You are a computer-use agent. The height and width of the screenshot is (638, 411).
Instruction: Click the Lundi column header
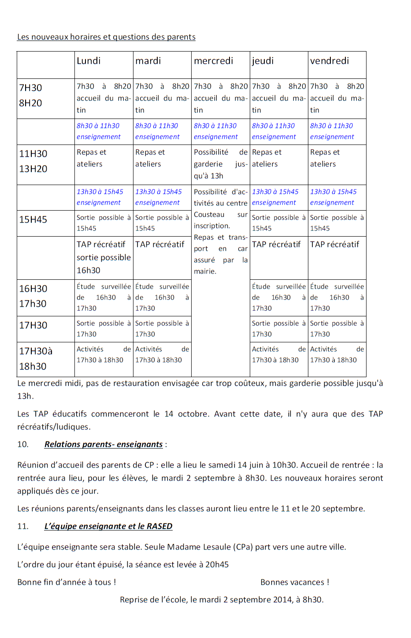tap(89, 61)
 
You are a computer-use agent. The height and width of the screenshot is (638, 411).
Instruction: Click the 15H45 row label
tap(33, 219)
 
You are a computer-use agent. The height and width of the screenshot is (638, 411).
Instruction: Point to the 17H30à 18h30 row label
tap(35, 359)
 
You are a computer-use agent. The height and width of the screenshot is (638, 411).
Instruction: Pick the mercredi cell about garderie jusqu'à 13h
tap(220, 164)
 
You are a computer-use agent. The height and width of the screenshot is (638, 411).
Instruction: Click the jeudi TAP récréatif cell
tap(276, 245)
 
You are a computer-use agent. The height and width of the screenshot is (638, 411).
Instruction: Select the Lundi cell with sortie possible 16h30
tap(104, 257)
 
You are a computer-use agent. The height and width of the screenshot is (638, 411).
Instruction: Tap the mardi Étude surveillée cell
tap(162, 297)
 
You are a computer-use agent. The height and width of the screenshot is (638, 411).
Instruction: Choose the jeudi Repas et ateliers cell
tap(266, 158)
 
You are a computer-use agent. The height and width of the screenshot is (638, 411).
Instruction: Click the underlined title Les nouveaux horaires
tap(106, 37)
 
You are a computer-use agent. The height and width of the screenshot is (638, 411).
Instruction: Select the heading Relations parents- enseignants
tap(104, 445)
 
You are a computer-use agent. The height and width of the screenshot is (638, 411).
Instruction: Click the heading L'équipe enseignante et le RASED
tap(108, 527)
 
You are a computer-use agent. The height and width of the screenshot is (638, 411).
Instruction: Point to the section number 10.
tap(22, 445)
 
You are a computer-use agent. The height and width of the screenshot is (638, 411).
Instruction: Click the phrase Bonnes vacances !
tap(295, 582)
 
